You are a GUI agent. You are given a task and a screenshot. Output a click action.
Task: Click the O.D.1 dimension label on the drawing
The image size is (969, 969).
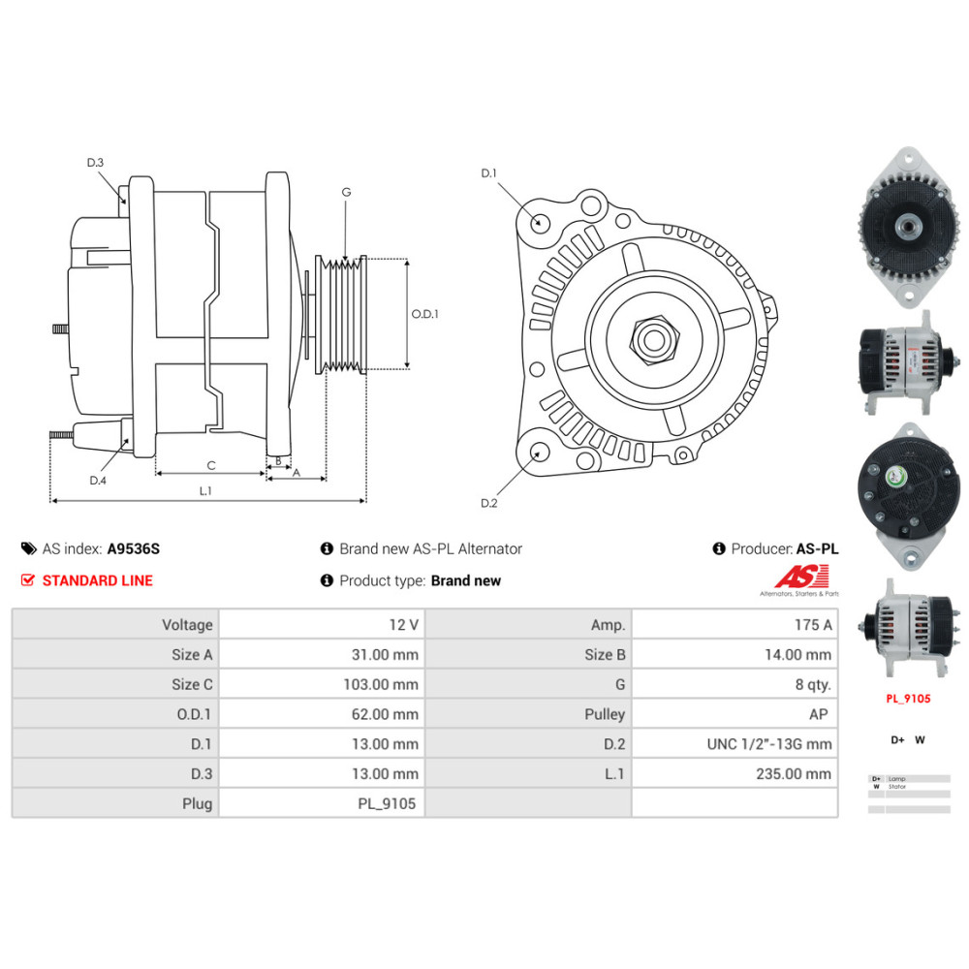(424, 314)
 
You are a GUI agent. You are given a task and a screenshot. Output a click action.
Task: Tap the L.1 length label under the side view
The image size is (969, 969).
(205, 490)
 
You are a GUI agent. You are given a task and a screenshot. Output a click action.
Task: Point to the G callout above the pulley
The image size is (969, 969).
(346, 192)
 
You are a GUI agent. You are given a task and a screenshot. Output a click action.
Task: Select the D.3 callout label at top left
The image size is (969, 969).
(95, 163)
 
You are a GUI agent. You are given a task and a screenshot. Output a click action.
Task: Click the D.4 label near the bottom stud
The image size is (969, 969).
(97, 481)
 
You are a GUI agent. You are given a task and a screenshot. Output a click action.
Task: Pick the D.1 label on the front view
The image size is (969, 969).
(488, 173)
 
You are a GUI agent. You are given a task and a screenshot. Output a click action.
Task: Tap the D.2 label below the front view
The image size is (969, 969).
(488, 503)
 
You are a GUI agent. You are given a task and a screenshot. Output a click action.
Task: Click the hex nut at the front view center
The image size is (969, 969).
(648, 340)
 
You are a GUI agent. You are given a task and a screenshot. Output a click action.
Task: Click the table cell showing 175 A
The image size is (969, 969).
(812, 625)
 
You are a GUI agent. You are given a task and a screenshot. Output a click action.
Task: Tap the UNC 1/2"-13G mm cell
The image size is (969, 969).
(769, 744)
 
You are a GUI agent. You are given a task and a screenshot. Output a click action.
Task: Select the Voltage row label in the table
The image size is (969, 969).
(187, 625)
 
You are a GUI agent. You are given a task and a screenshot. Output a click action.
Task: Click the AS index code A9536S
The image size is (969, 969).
(134, 548)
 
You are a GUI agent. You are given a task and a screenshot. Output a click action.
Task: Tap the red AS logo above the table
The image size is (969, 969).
(801, 578)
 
